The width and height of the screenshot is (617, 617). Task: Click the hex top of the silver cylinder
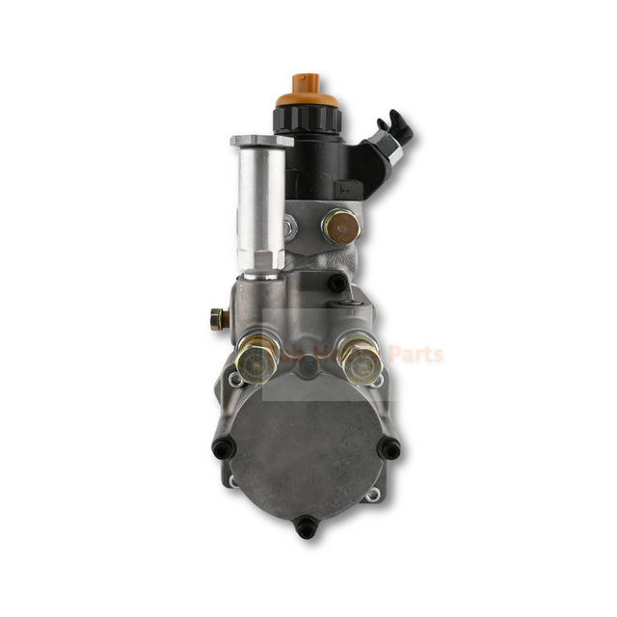click(261, 142)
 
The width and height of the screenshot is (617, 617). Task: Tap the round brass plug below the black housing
click(340, 228)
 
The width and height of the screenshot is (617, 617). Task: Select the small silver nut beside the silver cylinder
click(290, 228)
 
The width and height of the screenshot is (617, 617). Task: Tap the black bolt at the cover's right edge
click(389, 448)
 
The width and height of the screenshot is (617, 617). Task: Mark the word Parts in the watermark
click(417, 354)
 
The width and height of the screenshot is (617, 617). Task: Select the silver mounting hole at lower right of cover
click(371, 496)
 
